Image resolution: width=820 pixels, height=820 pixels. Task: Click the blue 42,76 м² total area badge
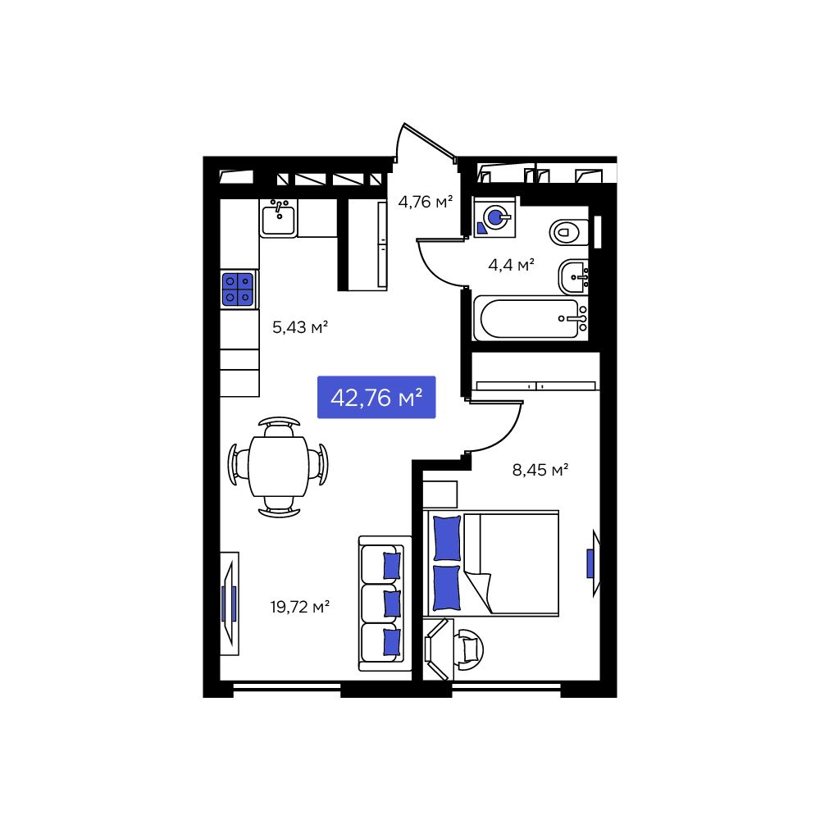tap(376, 398)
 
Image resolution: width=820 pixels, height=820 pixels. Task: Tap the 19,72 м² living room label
tap(300, 607)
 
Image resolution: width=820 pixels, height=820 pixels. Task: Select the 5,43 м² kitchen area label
tap(300, 327)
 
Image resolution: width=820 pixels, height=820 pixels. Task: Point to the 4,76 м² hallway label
tap(426, 201)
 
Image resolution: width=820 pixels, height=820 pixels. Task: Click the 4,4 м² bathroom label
tap(512, 264)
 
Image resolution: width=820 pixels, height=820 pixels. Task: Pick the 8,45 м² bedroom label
tap(540, 470)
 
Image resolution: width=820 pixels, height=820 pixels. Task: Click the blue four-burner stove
tap(238, 289)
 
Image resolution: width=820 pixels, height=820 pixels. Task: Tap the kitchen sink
tap(279, 218)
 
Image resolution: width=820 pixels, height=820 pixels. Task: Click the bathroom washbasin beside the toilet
tap(574, 276)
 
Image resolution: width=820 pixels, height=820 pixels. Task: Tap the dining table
tap(278, 467)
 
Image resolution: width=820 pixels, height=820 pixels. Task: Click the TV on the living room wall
tap(229, 604)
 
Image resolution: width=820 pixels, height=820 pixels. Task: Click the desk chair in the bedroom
tap(469, 649)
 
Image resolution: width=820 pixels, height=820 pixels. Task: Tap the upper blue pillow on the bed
tap(447, 537)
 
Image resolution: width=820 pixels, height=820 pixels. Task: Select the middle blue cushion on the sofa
tap(392, 603)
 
